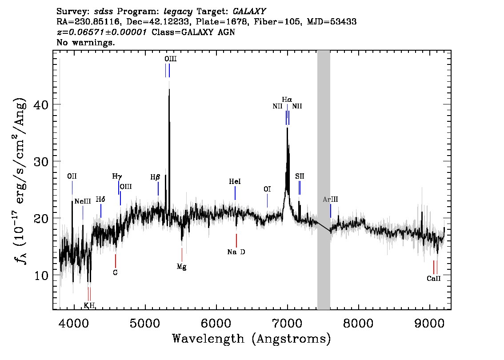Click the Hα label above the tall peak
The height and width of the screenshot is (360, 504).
coord(287,99)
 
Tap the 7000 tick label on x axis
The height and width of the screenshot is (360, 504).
coord(287,321)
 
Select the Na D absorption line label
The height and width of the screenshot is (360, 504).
coord(236,252)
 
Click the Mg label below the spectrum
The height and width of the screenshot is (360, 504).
coord(181,267)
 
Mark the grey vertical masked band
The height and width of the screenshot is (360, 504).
coord(324,178)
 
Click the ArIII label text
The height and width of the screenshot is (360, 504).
coord(330,200)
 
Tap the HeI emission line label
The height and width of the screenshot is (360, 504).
coord(235,182)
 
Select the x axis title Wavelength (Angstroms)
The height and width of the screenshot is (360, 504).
coord(252,339)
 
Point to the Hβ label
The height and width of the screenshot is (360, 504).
coord(155,177)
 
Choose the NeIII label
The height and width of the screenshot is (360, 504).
coord(83,201)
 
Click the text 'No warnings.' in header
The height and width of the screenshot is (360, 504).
coord(86,43)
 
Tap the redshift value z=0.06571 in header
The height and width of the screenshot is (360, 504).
coord(101,32)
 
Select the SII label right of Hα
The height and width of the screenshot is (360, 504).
coord(300,176)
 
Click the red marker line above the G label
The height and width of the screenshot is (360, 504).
coord(116,260)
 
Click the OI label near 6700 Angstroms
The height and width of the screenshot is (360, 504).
coord(267,189)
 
